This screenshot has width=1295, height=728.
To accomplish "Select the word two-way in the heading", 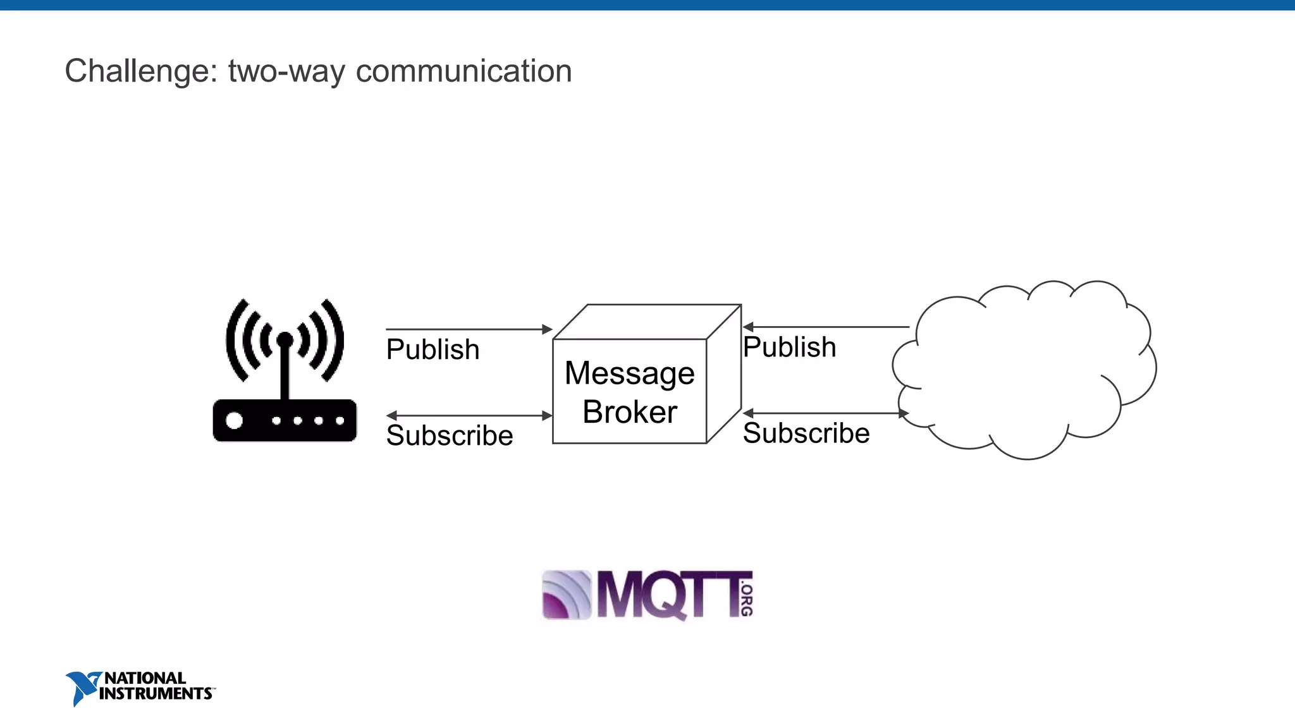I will coord(286,71).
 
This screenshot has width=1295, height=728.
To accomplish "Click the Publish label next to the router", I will coord(433,349).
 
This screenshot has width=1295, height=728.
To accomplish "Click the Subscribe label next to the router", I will coord(450,435).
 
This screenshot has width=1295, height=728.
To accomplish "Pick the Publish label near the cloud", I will coord(789,347).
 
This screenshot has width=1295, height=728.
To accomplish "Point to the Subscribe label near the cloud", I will coord(806,433).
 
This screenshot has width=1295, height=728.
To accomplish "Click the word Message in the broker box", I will coord(630,373).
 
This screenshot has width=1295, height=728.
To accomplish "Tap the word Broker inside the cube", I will coord(630,412).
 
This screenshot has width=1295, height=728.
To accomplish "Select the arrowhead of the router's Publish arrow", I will coord(548,329).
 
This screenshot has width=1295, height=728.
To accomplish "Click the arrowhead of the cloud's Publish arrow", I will coord(748,327).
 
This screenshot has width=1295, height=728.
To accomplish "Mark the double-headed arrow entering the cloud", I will coord(825,413).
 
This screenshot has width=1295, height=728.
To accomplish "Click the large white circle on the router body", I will coord(235,420).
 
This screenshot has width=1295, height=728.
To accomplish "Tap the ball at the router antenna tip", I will coord(285,340).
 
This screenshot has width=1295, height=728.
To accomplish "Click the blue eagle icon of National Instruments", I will coord(81,688).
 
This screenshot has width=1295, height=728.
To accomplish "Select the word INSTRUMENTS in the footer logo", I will coord(156,694).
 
